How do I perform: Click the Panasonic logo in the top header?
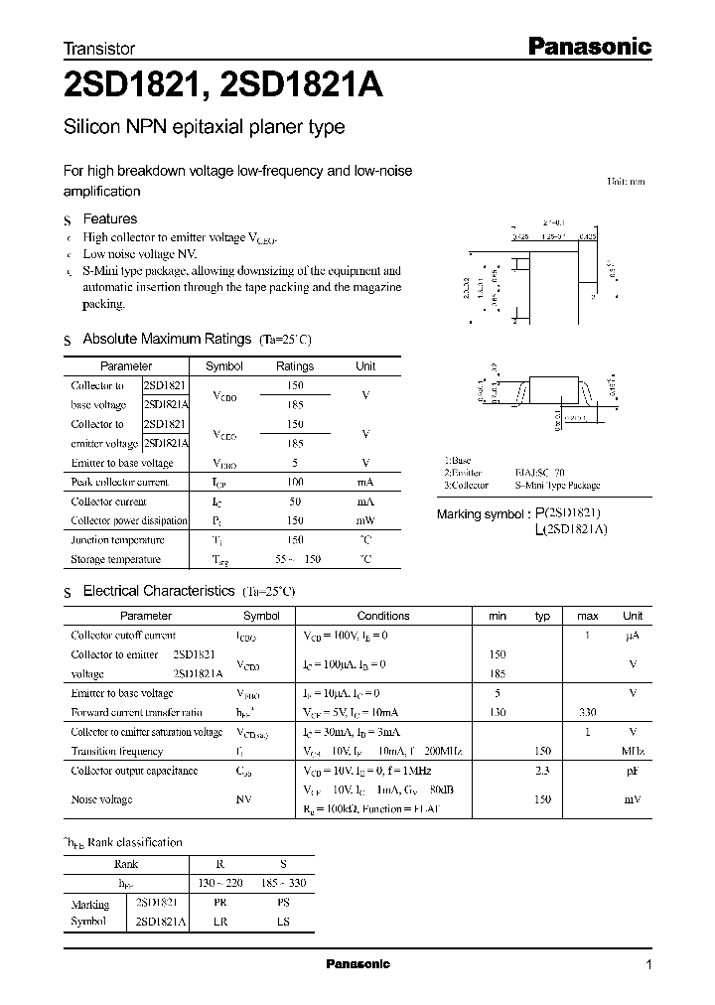pos(587,46)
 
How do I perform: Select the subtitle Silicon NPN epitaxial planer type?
pos(204,127)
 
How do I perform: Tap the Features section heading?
pos(109,218)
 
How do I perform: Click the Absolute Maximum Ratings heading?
pos(167,340)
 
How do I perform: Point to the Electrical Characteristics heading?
pos(158,591)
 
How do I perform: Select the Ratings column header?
pos(294,366)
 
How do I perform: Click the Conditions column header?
pos(382,616)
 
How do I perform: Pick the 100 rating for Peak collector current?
pos(294,482)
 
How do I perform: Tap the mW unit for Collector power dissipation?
pos(365,520)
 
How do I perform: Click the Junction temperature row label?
pos(109,540)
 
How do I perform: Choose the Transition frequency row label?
pos(116,752)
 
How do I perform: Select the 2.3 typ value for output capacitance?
pos(542,771)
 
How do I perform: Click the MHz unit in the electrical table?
pos(633,752)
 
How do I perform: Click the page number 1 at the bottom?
pos(648,965)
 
